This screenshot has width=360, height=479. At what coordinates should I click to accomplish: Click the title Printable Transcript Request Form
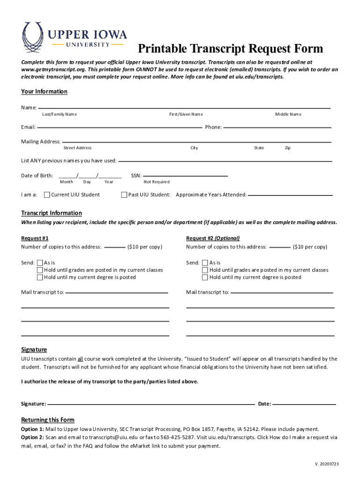(230, 49)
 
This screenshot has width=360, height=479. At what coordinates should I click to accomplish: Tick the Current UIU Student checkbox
(47, 195)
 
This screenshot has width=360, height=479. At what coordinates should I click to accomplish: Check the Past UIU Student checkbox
(124, 195)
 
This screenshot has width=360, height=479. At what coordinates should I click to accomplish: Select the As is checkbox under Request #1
(40, 263)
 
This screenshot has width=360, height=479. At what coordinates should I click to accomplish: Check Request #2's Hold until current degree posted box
(205, 277)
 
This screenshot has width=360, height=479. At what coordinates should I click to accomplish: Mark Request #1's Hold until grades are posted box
(40, 270)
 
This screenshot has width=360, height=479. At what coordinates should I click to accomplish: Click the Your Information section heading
(44, 91)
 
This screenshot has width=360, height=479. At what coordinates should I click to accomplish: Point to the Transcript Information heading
(51, 213)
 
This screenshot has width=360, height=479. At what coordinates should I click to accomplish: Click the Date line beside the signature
(304, 403)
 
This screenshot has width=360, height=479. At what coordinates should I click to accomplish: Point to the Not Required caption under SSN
(157, 182)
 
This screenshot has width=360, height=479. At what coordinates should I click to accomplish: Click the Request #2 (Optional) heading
(213, 238)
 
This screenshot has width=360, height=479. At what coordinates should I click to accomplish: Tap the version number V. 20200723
(326, 464)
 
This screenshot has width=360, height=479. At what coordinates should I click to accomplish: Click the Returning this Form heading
(48, 420)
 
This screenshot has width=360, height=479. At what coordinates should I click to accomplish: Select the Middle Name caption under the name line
(288, 114)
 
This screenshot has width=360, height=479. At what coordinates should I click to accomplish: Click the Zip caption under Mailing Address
(288, 148)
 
